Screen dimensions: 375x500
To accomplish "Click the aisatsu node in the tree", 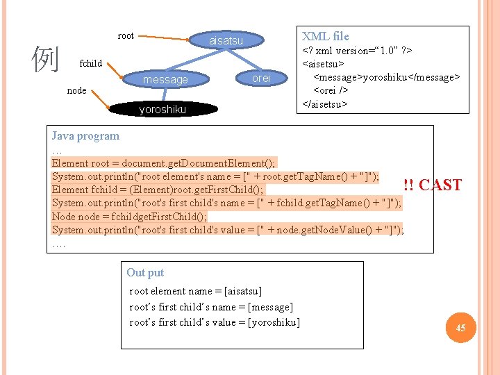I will [x=226, y=41].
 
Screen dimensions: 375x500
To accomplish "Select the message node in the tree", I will [x=165, y=80].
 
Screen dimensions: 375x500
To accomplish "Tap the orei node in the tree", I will [x=261, y=78].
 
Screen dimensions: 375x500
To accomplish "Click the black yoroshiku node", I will [x=162, y=109].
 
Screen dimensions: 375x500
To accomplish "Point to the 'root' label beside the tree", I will [x=126, y=35].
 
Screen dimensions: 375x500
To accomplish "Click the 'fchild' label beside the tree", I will [x=91, y=63].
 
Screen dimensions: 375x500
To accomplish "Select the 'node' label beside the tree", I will [x=76, y=90].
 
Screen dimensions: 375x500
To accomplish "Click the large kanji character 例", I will [x=46, y=60].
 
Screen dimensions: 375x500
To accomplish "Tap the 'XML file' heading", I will [x=325, y=36].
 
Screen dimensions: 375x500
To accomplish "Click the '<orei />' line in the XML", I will [x=331, y=90].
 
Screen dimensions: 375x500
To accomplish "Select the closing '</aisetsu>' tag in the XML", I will [x=324, y=103].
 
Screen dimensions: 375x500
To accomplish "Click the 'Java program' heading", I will [x=85, y=136].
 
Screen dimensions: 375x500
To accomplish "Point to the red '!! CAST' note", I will [x=432, y=185].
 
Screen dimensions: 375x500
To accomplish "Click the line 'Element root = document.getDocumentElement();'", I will [x=164, y=163].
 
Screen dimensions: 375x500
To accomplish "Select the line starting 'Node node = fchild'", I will [x=129, y=216].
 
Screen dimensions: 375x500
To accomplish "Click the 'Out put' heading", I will [x=145, y=272].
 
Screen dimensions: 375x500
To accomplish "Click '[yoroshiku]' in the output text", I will [x=274, y=322].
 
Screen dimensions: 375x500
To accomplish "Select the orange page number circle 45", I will [x=460, y=327].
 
